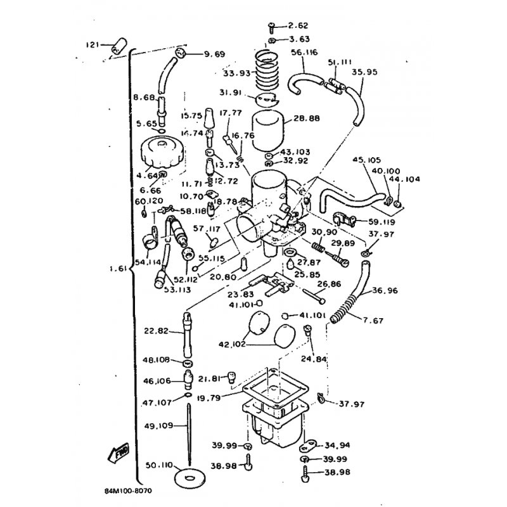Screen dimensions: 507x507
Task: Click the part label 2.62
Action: point(297,26)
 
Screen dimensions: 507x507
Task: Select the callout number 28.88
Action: point(307,118)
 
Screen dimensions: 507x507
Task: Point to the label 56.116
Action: point(304,53)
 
